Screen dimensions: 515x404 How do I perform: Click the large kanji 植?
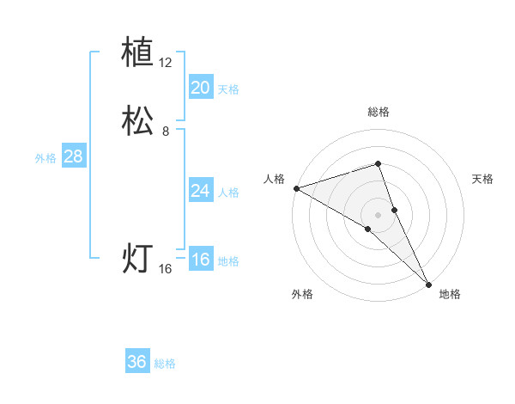138,53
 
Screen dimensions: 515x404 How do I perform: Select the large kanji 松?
138,121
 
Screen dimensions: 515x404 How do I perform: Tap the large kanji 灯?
138,259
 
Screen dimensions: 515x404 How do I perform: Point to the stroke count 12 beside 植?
166,63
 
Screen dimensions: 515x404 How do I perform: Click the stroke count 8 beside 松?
166,132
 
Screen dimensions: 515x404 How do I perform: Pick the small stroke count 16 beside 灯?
166,269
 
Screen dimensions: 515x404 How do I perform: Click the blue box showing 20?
200,88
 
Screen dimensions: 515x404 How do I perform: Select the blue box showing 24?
200,191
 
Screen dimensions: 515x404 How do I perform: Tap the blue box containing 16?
200,260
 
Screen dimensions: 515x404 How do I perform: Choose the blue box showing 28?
73,156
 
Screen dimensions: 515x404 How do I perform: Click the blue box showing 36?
137,362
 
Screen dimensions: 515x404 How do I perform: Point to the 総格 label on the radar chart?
379,112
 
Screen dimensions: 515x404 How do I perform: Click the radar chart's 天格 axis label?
483,179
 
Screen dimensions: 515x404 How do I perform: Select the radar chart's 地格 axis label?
450,294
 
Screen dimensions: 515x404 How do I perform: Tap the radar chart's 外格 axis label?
302,294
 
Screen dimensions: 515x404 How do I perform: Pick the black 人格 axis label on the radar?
274,179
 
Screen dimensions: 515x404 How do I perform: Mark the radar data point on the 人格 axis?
295,188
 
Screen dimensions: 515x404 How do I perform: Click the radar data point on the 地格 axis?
428,284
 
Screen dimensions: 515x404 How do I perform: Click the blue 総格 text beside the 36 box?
165,364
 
